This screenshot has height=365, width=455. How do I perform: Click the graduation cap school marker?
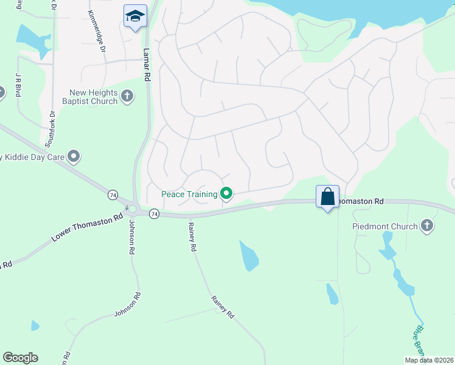pyautogui.click(x=134, y=16)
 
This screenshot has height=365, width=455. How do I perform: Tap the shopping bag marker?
pyautogui.click(x=327, y=196)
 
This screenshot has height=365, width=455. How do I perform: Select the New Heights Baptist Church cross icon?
pyautogui.click(x=127, y=96)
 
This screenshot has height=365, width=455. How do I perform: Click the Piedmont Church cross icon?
pyautogui.click(x=427, y=226)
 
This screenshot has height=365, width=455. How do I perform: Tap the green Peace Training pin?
pyautogui.click(x=226, y=194)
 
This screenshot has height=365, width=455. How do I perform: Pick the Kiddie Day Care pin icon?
pyautogui.click(x=74, y=157)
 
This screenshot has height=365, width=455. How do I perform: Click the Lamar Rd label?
pyautogui.click(x=146, y=65)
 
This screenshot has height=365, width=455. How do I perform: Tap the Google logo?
pyautogui.click(x=20, y=358)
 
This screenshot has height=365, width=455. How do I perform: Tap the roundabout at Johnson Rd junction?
pyautogui.click(x=132, y=209)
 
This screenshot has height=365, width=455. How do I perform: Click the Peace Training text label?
pyautogui.click(x=189, y=195)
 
